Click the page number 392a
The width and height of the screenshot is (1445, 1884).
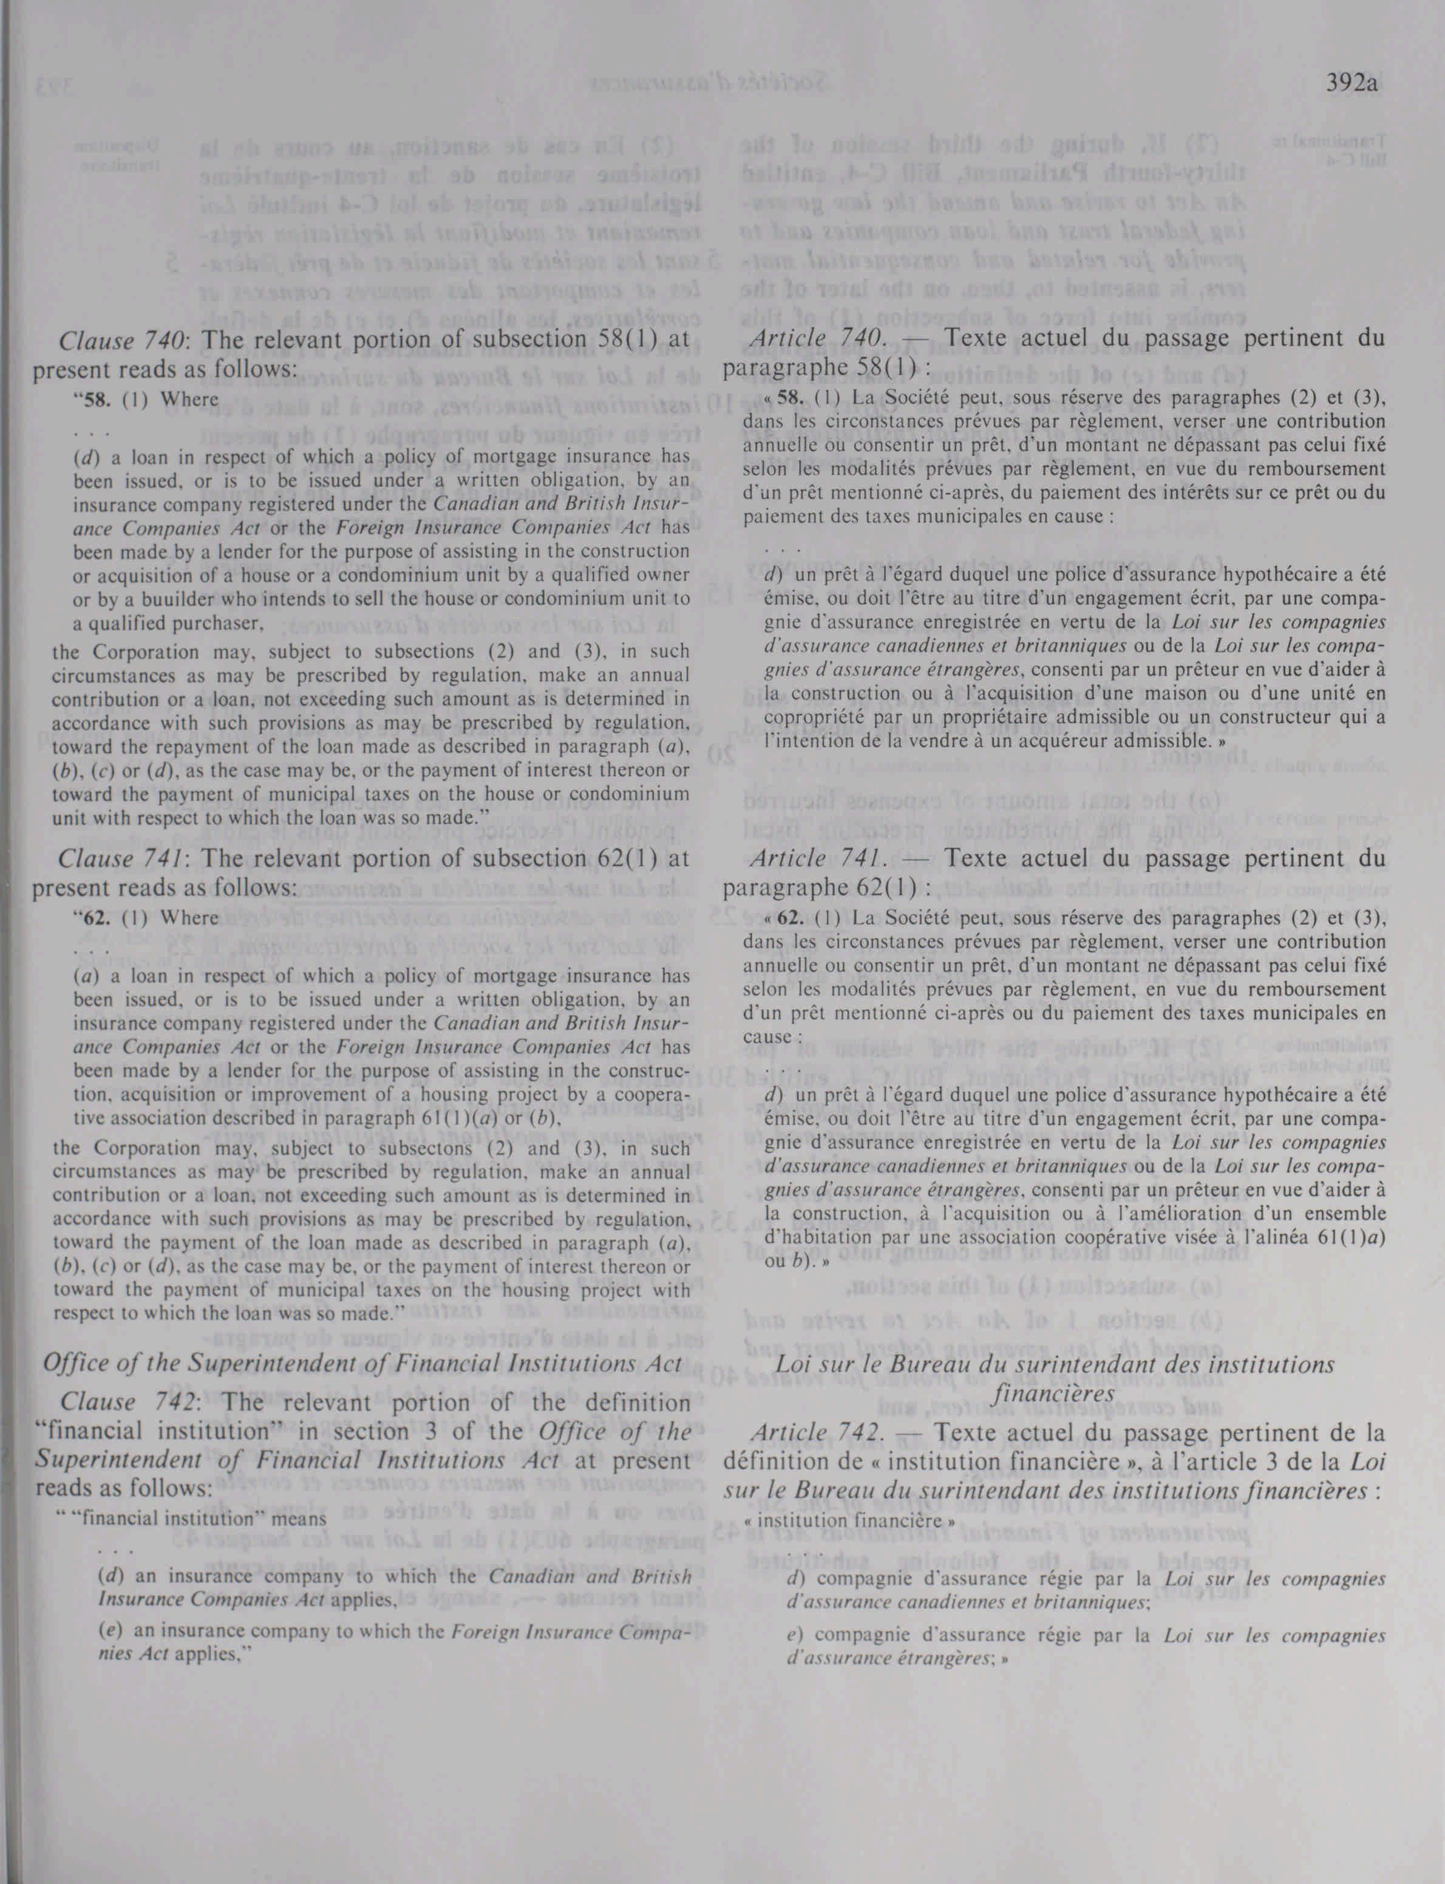[x=1352, y=84]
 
